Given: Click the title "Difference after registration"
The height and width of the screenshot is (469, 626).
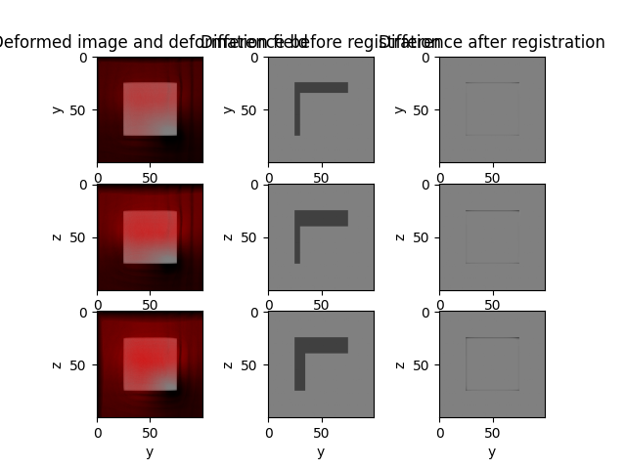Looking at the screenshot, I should tap(492, 42).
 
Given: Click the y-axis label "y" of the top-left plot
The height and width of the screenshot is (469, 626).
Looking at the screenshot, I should tap(58, 109).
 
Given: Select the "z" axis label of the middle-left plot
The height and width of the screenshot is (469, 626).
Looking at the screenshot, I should tap(58, 236).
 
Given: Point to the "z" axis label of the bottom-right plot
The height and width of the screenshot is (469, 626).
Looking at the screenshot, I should tap(400, 364).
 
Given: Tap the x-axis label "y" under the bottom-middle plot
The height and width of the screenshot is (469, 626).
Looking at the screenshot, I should tap(321, 451).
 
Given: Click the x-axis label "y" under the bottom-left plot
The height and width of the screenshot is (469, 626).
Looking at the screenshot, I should tap(150, 451).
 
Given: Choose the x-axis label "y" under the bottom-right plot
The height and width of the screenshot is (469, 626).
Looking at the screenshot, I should tap(492, 451).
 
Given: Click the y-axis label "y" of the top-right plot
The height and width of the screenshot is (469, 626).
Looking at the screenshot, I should tap(400, 109).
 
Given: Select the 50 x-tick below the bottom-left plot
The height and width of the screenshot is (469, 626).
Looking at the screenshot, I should tap(150, 430).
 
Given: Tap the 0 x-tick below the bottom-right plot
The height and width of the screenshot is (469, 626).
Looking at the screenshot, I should tap(440, 430).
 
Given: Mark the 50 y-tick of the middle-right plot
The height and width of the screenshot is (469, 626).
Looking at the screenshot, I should tap(425, 236).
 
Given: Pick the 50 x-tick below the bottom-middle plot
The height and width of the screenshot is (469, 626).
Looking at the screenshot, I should tap(321, 430).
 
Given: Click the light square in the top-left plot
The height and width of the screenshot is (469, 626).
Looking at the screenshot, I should tap(150, 108).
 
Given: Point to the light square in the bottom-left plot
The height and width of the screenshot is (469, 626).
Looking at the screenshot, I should tap(150, 364).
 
